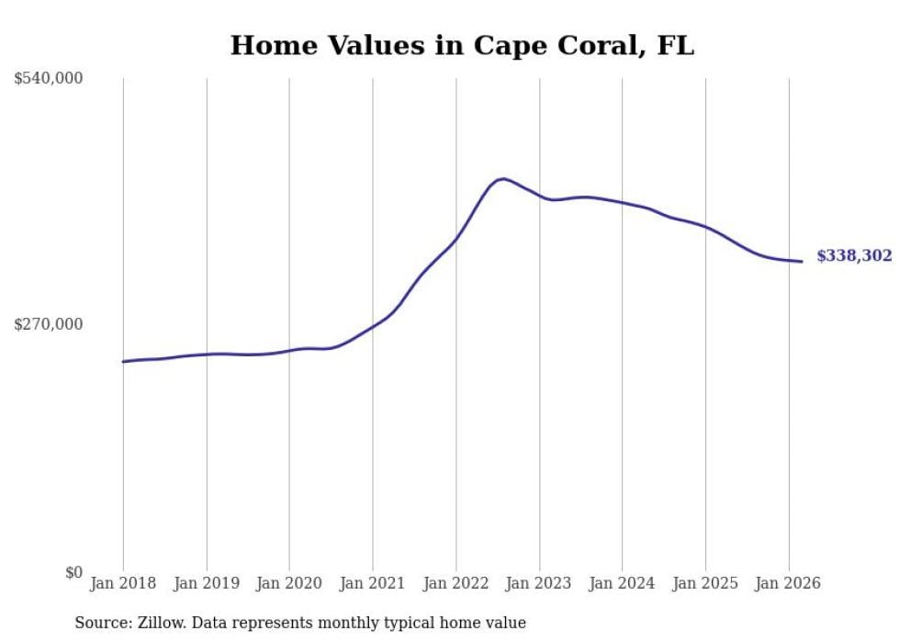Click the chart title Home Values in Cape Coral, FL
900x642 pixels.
click(462, 45)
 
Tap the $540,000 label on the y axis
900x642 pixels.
click(49, 79)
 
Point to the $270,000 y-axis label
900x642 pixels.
click(49, 324)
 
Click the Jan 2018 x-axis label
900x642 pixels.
click(123, 583)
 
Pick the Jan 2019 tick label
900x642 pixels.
click(207, 583)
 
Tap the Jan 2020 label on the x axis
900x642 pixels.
click(289, 583)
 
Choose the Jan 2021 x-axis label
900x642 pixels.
click(373, 583)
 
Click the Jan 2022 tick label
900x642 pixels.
click(456, 583)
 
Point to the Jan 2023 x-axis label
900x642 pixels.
click(539, 583)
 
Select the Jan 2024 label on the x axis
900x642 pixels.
click(622, 583)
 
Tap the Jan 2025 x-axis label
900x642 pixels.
click(705, 583)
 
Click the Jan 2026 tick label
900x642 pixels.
click(788, 583)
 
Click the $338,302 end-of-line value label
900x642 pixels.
click(854, 256)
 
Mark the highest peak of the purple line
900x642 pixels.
click(502, 178)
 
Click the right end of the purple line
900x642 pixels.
click(802, 262)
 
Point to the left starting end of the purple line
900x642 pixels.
click(123, 362)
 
